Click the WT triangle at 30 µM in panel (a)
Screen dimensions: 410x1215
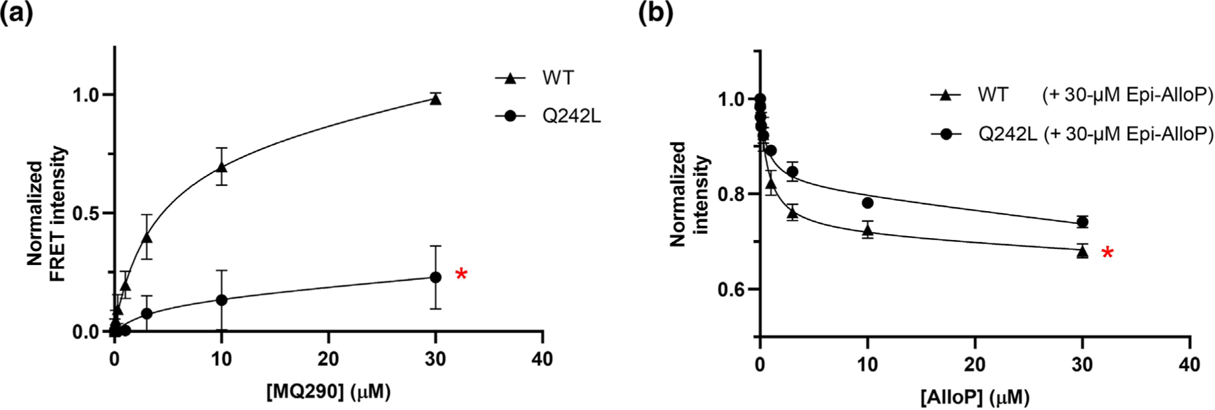click(435, 100)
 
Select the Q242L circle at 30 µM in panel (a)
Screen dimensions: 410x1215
click(435, 277)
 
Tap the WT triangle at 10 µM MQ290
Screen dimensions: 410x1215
click(221, 166)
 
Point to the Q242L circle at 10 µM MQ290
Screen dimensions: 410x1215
click(221, 299)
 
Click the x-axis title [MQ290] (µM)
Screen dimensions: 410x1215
click(328, 392)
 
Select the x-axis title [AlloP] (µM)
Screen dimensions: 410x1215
click(975, 397)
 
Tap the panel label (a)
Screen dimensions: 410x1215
click(17, 13)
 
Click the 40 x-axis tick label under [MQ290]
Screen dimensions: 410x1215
click(542, 359)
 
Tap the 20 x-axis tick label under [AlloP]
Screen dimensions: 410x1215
click(975, 365)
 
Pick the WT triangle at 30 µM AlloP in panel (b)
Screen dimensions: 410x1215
click(1083, 252)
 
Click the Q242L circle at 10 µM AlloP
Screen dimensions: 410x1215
click(867, 203)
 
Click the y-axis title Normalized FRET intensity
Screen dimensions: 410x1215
click(47, 213)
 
